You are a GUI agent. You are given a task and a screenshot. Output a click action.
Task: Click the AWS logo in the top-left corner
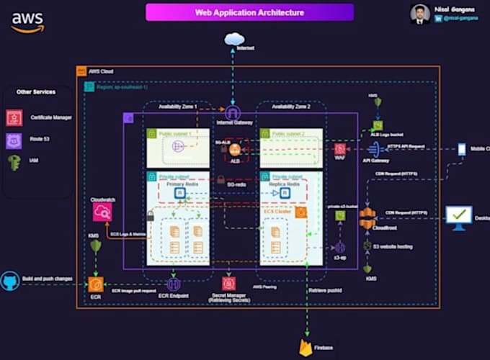click(27, 22)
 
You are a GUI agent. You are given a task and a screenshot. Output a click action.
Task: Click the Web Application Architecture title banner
click(249, 12)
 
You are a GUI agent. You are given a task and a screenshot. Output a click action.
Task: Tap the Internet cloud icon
click(234, 39)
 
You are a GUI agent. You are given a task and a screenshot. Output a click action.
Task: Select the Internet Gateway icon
click(232, 113)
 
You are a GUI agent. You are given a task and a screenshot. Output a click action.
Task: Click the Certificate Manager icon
click(14, 117)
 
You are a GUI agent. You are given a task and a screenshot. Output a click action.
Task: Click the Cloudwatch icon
click(102, 211)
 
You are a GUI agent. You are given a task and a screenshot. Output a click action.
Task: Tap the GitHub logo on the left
click(9, 281)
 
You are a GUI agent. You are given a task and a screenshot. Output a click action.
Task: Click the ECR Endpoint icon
click(173, 284)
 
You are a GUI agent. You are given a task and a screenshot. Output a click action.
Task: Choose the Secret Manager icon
click(229, 284)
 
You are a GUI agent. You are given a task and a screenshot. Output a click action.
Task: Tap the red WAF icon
click(339, 148)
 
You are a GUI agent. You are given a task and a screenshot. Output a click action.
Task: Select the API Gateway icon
click(373, 149)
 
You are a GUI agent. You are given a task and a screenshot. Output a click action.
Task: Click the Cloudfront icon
click(367, 217)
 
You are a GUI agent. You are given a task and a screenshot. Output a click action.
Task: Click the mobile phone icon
click(462, 149)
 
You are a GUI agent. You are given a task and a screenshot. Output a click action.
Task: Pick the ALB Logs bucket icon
click(378, 125)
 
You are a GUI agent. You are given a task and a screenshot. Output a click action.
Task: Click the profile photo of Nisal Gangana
click(421, 14)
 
